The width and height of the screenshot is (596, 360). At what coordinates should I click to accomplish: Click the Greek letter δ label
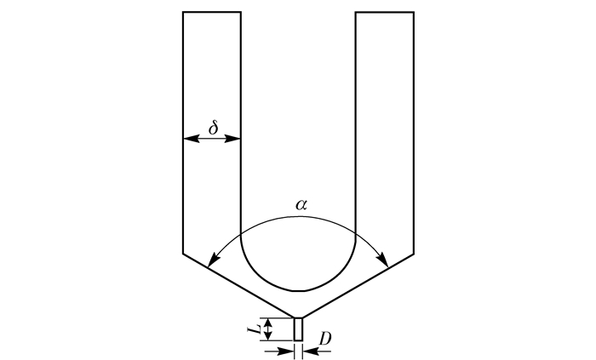pyautogui.click(x=214, y=128)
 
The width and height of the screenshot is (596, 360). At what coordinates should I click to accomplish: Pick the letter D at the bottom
pyautogui.click(x=324, y=339)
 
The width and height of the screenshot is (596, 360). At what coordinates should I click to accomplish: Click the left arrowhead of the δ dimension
pyautogui.click(x=188, y=139)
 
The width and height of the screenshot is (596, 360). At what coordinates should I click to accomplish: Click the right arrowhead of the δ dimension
pyautogui.click(x=236, y=139)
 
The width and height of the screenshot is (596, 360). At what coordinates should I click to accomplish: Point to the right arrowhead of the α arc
pyautogui.click(x=385, y=261)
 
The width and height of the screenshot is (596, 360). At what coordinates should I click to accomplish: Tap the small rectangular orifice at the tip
pyautogui.click(x=298, y=329)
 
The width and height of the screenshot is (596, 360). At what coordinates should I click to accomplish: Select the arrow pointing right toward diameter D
pyautogui.click(x=287, y=349)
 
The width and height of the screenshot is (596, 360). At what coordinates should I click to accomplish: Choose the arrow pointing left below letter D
pyautogui.click(x=310, y=349)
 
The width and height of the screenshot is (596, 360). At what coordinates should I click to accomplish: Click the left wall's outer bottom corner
pyautogui.click(x=183, y=253)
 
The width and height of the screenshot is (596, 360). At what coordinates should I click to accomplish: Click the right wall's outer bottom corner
pyautogui.click(x=414, y=253)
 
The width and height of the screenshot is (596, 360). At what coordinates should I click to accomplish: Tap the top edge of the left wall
pyautogui.click(x=212, y=12)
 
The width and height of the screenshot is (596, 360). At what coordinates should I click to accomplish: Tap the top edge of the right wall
pyautogui.click(x=385, y=12)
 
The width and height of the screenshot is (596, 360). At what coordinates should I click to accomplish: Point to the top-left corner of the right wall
pyautogui.click(x=356, y=12)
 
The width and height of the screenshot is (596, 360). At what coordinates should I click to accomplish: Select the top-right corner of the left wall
pyautogui.click(x=241, y=12)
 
